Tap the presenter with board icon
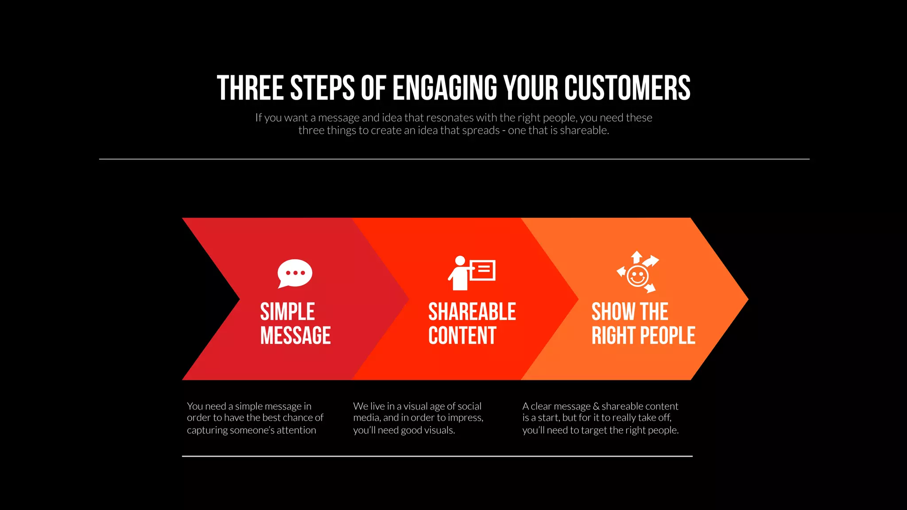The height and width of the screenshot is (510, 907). click(x=471, y=273)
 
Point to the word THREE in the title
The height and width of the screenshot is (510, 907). click(x=250, y=88)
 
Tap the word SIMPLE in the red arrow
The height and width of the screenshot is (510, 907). click(x=287, y=312)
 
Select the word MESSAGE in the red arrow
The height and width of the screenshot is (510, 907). click(x=295, y=336)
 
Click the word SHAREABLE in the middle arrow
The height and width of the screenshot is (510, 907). click(x=472, y=312)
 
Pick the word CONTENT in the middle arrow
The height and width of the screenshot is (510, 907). click(x=462, y=336)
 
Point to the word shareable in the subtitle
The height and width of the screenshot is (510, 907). click(x=584, y=131)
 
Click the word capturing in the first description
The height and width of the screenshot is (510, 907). click(x=207, y=430)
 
